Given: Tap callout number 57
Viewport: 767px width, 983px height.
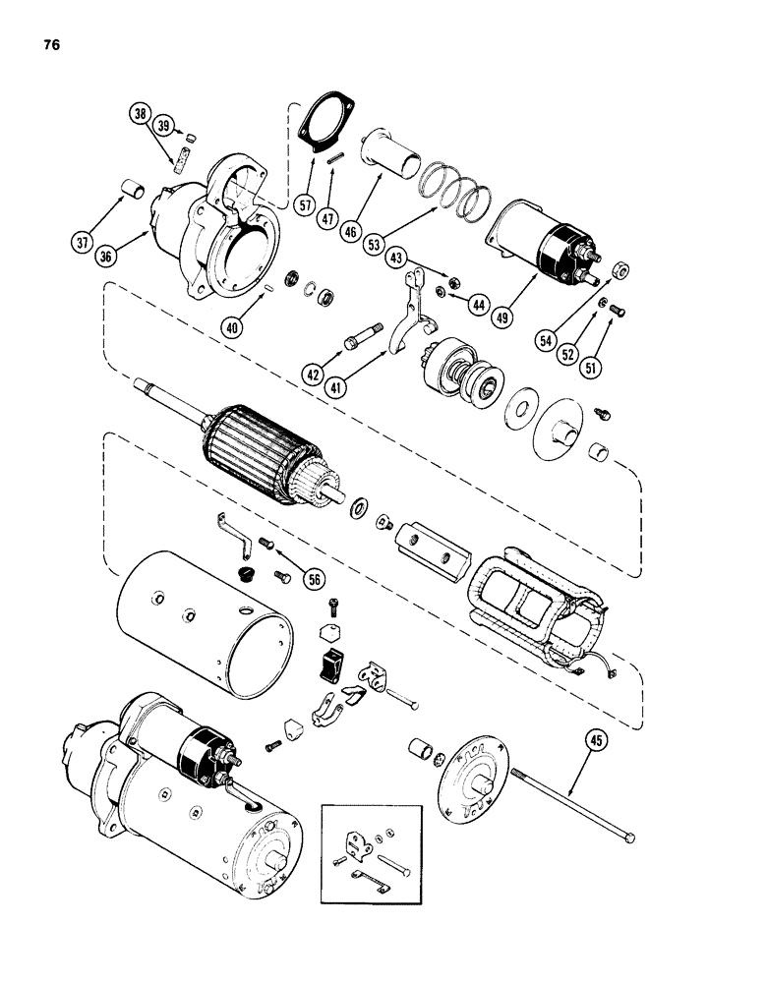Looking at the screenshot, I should pos(306,205).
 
